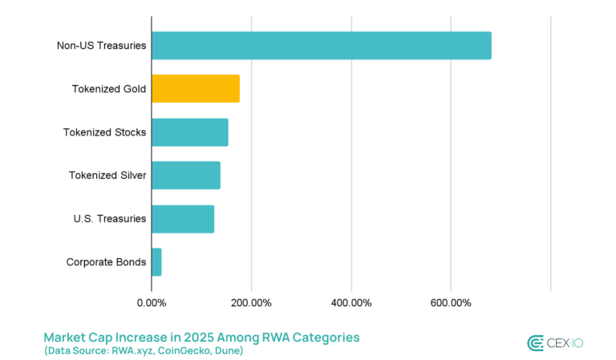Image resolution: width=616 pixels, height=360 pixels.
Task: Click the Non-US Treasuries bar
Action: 321,46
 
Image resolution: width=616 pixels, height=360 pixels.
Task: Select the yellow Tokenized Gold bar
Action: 195,88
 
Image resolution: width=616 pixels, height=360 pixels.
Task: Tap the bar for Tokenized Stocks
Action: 189,131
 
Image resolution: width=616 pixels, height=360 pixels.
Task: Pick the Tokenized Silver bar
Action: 185,175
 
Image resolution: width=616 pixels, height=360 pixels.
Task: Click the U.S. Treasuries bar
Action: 182,218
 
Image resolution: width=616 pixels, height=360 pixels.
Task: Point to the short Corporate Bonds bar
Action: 156,261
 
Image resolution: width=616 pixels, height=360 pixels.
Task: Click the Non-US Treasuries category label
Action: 101,46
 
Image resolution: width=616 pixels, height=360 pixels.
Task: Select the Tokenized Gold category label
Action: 109,89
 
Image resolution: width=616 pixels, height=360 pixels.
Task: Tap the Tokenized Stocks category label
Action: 104,132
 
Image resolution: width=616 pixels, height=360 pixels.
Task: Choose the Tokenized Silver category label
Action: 107,176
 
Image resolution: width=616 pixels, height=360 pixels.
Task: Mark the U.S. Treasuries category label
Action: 108,218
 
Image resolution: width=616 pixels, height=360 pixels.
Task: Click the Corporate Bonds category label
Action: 106,261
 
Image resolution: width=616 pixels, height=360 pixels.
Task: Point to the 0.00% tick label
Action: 151,302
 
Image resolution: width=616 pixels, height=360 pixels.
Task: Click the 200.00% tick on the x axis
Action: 251,302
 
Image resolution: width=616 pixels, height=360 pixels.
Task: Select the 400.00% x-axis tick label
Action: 351,302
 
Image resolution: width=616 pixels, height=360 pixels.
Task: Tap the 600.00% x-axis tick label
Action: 451,302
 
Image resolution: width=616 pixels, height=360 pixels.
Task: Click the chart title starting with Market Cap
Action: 201,337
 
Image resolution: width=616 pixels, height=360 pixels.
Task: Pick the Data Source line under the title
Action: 144,351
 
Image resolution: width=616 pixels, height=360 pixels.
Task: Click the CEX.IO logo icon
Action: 536,343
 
